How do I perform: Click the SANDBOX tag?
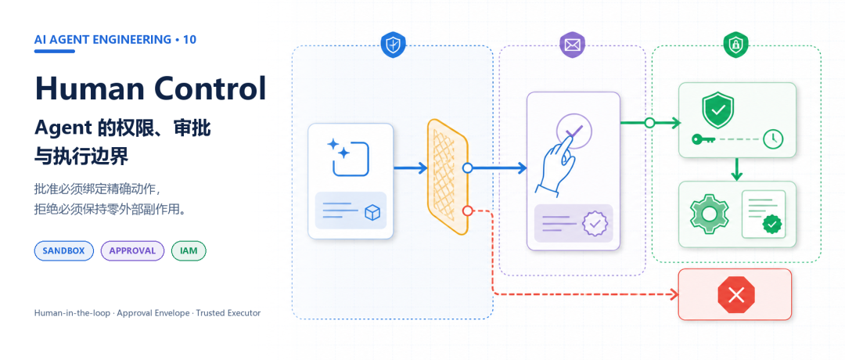(x=63, y=250)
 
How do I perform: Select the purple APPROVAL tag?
(x=132, y=250)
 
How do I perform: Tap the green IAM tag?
(x=189, y=250)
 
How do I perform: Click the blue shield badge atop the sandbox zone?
(x=393, y=44)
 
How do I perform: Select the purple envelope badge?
(x=572, y=45)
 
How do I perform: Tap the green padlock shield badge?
(x=735, y=45)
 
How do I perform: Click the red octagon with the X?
(x=736, y=295)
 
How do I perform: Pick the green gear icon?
(x=709, y=214)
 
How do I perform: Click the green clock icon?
(x=773, y=139)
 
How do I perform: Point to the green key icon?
(x=703, y=139)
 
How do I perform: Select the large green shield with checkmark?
(x=717, y=110)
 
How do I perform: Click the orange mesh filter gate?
(x=448, y=177)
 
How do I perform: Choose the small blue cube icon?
(x=372, y=212)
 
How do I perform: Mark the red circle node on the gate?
(x=468, y=211)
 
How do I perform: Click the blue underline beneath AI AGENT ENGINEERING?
(x=55, y=51)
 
